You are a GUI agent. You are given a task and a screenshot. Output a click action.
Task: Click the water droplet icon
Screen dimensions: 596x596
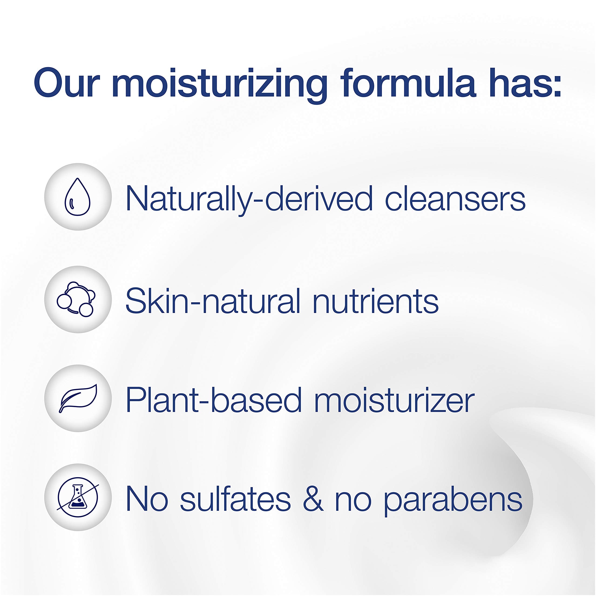pos(78,197)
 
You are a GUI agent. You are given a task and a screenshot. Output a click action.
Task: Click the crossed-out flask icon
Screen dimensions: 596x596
pos(78,497)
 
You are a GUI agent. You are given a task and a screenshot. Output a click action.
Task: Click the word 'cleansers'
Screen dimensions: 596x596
pos(455,199)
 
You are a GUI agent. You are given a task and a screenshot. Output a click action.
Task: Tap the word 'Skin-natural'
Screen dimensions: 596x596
pos(213,301)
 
